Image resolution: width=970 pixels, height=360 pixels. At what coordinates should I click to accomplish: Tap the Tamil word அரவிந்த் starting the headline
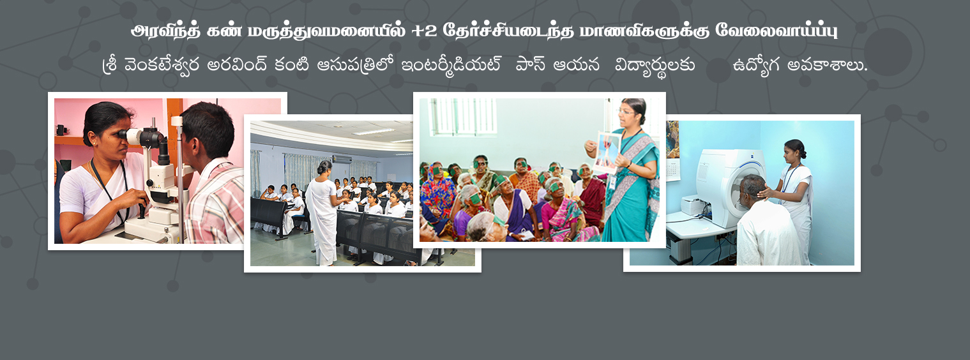click(166, 31)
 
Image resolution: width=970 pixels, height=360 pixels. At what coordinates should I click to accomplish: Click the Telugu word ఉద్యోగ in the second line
click(757, 66)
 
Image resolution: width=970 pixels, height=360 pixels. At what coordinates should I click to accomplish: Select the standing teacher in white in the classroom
click(322, 213)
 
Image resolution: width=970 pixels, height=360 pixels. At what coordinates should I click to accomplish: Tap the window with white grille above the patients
click(462, 116)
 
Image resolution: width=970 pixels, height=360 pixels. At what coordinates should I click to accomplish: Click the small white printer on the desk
click(693, 205)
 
